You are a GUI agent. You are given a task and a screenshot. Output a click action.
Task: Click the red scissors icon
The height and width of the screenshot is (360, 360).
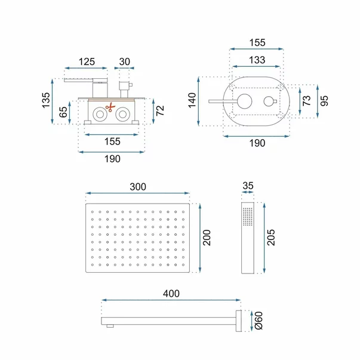coord(110,107)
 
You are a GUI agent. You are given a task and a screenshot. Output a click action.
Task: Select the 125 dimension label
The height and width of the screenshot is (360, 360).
coord(87,61)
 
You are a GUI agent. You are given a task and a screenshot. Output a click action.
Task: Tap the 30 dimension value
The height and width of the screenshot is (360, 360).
coord(124,61)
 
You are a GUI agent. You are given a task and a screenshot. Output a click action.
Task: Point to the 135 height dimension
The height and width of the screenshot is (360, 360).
coord(46,100)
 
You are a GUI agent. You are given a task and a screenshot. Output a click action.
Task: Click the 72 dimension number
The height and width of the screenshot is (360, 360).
coord(160,110)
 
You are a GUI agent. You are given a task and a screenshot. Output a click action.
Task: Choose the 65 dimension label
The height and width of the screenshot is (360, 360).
coord(63,112)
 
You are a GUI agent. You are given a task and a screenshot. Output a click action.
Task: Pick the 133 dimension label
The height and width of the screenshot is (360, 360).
coord(257,60)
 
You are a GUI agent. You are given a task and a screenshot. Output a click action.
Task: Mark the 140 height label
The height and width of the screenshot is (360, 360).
coord(192,100)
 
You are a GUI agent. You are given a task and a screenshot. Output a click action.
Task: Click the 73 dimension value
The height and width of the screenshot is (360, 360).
coord(306,100)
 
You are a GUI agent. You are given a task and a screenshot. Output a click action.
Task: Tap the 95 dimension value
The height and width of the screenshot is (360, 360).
coord(324,101)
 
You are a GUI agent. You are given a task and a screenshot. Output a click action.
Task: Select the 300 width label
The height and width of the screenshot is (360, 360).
coord(138,187)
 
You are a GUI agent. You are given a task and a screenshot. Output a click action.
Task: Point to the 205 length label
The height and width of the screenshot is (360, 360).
coord(271,238)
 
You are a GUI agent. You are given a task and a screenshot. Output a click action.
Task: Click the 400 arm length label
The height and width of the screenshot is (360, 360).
coord(171,294)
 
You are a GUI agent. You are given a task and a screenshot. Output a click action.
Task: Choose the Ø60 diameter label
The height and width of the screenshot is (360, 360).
coord(259,321)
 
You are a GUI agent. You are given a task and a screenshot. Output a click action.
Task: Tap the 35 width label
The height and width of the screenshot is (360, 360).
coord(248,186)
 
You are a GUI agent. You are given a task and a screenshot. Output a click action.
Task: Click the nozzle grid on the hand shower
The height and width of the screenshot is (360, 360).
coord(248,217)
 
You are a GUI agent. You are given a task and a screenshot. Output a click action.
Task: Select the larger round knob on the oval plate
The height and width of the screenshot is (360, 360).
coord(245,101)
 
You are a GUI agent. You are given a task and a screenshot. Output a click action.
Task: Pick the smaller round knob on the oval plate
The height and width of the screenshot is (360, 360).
coord(269,101)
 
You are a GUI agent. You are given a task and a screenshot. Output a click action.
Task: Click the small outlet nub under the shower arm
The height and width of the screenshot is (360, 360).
coord(110,326)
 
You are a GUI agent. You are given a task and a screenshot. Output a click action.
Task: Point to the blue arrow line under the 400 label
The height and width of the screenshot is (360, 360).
coord(171,300)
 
